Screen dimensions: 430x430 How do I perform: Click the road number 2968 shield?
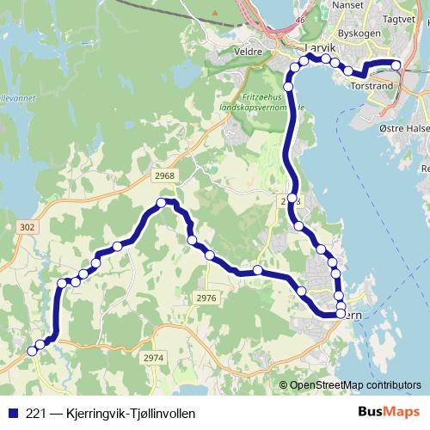pos(165,176)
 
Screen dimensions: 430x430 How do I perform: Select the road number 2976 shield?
pos(206,298)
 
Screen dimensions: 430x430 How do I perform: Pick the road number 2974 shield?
pos(153,357)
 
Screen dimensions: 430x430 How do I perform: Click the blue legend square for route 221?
pos(13,413)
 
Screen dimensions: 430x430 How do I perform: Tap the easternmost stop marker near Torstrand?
pos(396,64)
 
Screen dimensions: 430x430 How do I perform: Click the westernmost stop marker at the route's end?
pos(33,350)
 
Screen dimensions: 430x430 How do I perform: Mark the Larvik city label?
pos(298,51)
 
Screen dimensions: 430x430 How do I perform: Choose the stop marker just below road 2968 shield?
pos(161,203)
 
